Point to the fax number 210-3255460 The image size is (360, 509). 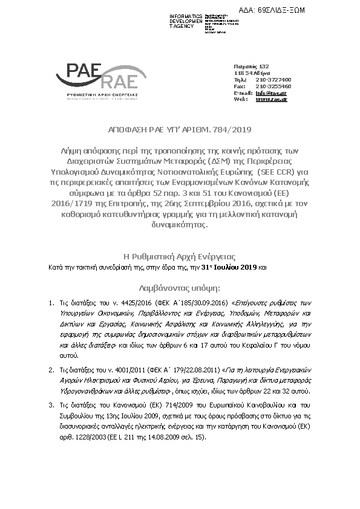click(273, 86)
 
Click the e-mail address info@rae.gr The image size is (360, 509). click(271, 92)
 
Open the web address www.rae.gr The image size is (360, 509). click(271, 99)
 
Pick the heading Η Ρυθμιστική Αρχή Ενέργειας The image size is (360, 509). click(180, 256)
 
